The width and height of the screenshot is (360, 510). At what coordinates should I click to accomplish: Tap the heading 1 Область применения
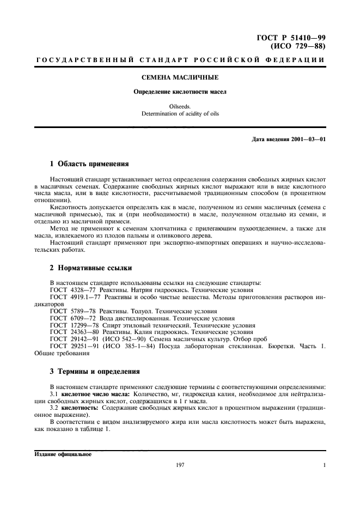[89, 163]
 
